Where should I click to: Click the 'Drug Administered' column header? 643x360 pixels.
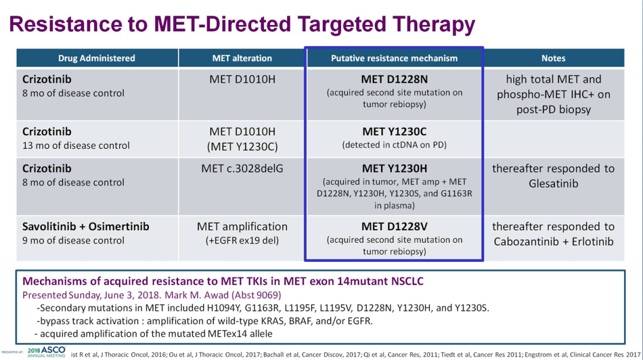tap(96, 58)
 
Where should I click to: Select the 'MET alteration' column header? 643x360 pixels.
tap(242, 58)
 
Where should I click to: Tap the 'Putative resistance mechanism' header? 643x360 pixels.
tap(394, 58)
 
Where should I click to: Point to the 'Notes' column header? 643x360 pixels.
tap(553, 58)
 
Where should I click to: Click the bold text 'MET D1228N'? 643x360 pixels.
tap(394, 79)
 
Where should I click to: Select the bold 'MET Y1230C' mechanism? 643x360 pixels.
tap(394, 132)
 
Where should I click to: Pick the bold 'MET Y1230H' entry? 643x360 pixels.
tap(394, 168)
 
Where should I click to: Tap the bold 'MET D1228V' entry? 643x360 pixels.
tap(394, 227)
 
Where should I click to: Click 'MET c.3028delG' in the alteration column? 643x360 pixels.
tap(242, 168)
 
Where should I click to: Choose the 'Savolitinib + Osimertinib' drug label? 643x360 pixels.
tap(86, 227)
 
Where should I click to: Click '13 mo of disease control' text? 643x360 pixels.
tap(76, 146)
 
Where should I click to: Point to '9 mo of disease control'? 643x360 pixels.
tap(73, 240)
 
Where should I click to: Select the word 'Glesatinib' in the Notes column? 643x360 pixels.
tap(553, 184)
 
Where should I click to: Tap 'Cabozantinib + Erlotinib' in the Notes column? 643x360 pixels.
tap(553, 242)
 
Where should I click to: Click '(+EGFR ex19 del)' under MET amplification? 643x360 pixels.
tap(242, 240)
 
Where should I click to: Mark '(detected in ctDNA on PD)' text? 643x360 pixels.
tap(394, 145)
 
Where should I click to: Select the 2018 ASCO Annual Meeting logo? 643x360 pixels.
tap(46, 352)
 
